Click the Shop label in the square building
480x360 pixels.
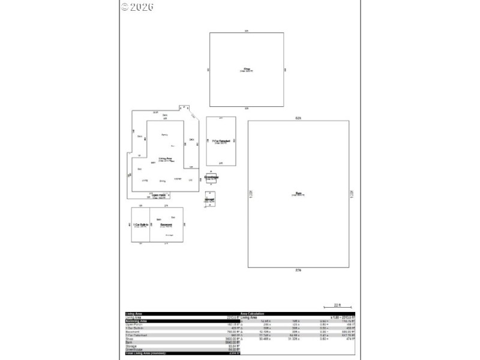(x=246, y=68)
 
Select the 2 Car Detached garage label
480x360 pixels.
(x=220, y=142)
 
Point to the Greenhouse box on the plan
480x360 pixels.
(x=211, y=179)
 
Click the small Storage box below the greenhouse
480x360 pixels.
(x=210, y=199)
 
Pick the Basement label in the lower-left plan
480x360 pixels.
(x=166, y=225)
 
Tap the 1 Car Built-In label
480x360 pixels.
(x=140, y=225)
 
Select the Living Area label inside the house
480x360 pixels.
(x=166, y=159)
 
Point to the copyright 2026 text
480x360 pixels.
(x=137, y=7)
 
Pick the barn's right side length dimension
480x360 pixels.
(x=352, y=193)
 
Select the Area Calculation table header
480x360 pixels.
(x=252, y=314)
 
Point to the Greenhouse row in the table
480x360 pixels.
(x=134, y=349)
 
